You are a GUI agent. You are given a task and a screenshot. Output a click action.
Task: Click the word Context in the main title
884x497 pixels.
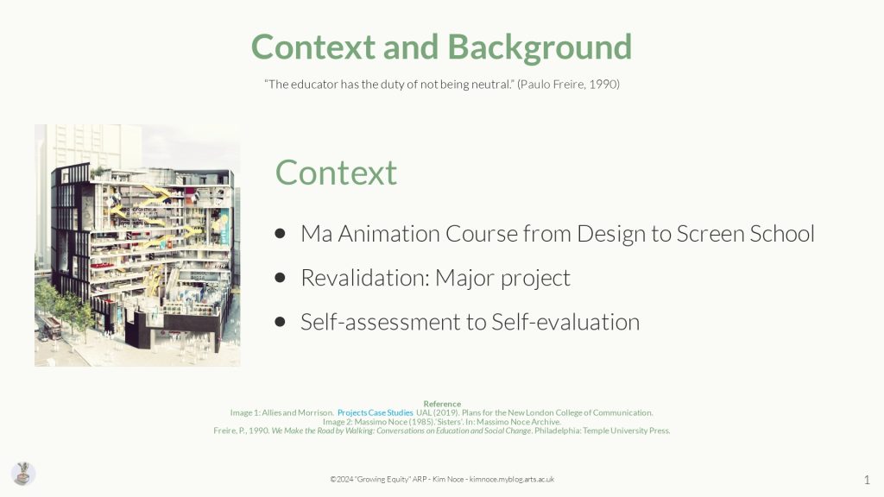click(313, 47)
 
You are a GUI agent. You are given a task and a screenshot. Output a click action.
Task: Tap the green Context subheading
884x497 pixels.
click(336, 173)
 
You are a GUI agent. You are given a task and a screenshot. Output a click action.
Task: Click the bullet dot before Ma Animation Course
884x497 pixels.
click(281, 233)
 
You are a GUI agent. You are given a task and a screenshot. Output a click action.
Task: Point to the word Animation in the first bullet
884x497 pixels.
click(388, 233)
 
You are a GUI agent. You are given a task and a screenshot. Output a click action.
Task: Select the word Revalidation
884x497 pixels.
click(365, 278)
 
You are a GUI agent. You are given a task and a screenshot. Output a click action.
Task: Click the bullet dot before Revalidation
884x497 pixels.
click(281, 278)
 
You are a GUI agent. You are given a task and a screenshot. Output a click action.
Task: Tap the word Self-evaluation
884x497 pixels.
click(565, 323)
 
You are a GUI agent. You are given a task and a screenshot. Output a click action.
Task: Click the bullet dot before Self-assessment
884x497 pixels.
click(281, 323)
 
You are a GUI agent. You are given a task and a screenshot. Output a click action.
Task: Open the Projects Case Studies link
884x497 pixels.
click(375, 413)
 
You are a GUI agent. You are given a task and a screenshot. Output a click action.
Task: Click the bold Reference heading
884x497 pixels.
click(442, 404)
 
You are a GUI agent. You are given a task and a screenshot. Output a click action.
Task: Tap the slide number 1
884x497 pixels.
click(867, 480)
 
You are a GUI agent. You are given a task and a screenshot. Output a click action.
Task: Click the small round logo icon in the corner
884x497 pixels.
click(23, 474)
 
